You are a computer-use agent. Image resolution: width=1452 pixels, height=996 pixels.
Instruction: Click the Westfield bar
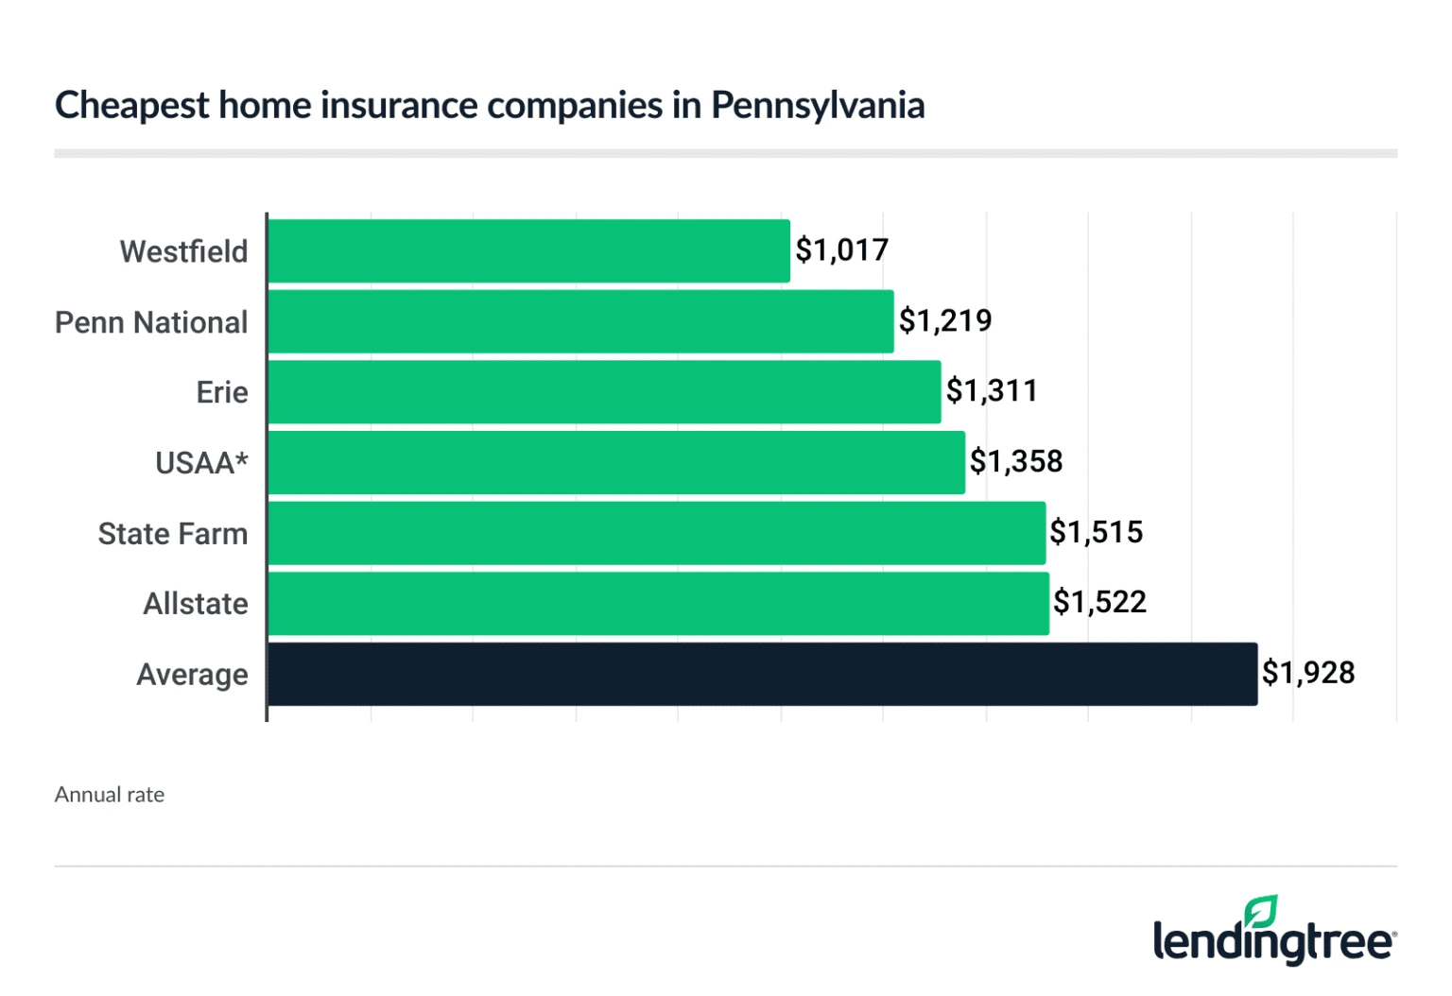pyautogui.click(x=529, y=251)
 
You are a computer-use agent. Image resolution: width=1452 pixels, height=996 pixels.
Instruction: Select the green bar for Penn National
pyautogui.click(x=580, y=321)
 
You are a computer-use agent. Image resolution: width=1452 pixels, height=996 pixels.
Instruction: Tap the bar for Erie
pyautogui.click(x=604, y=392)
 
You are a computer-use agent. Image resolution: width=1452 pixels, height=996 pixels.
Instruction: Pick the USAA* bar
pyautogui.click(x=616, y=463)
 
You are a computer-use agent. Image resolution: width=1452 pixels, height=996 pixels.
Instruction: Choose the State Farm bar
pyautogui.click(x=657, y=533)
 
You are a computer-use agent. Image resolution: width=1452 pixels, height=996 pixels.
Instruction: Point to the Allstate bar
pyautogui.click(x=659, y=604)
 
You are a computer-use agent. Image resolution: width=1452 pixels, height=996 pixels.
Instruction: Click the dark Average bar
pyautogui.click(x=763, y=674)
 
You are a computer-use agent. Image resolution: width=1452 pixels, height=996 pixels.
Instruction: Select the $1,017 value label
pyautogui.click(x=841, y=250)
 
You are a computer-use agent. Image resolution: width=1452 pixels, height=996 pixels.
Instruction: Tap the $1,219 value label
pyautogui.click(x=945, y=321)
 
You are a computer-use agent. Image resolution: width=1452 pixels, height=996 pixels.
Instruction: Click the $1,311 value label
pyautogui.click(x=992, y=391)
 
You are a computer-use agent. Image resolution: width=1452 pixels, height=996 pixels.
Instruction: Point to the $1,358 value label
pyautogui.click(x=1016, y=462)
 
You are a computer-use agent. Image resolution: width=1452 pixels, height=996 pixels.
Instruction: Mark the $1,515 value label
pyautogui.click(x=1097, y=532)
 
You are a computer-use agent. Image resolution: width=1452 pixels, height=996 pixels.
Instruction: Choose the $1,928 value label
pyautogui.click(x=1308, y=673)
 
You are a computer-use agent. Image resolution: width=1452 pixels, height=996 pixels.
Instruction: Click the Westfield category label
pyautogui.click(x=183, y=252)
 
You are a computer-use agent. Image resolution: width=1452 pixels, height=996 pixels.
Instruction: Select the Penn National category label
pyautogui.click(x=151, y=322)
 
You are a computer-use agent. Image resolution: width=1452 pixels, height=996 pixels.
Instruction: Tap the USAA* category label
pyautogui.click(x=201, y=463)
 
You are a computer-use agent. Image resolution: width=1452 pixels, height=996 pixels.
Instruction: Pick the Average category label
pyautogui.click(x=192, y=675)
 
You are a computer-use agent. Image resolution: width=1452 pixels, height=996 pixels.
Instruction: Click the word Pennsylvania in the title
pyautogui.click(x=818, y=106)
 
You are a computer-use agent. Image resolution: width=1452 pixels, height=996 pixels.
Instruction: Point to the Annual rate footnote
pyautogui.click(x=110, y=795)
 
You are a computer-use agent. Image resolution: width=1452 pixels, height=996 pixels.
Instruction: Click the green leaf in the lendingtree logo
pyautogui.click(x=1261, y=912)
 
